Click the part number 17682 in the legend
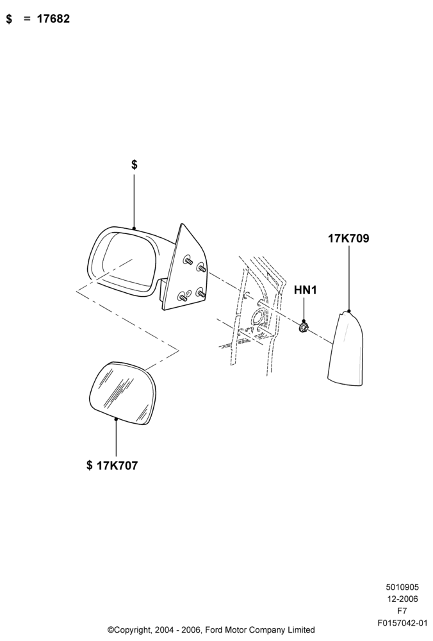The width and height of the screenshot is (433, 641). [54, 19]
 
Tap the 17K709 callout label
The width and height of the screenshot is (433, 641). [348, 238]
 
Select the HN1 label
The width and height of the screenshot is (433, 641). [306, 290]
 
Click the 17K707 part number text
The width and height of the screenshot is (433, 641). [117, 465]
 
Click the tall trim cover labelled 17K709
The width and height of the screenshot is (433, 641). [346, 348]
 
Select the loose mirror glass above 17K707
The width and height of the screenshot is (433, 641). [122, 393]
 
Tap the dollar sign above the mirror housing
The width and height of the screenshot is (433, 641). [135, 165]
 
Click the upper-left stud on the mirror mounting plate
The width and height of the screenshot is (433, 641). [188, 260]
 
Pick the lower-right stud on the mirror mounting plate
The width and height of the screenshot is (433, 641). [200, 292]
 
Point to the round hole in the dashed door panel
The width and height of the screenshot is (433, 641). [257, 318]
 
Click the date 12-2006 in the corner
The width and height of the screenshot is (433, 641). [402, 599]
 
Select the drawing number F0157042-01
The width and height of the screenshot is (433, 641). [402, 624]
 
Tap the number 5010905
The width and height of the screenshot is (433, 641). [402, 587]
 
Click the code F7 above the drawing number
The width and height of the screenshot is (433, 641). [402, 612]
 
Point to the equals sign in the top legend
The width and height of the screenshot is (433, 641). [28, 19]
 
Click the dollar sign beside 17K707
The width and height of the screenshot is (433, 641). [90, 465]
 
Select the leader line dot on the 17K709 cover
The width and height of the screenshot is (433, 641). [349, 311]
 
